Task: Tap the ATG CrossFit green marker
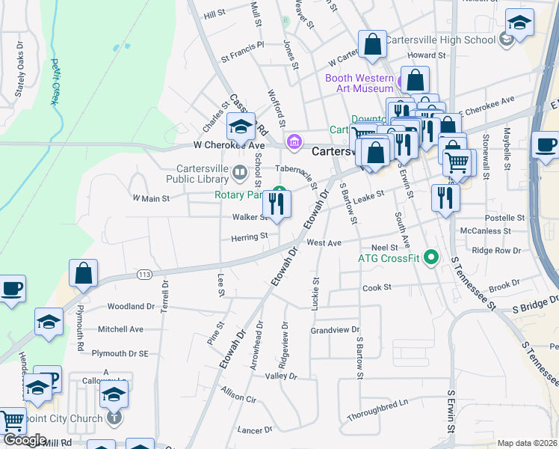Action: (430, 259)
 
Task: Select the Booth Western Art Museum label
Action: (359, 83)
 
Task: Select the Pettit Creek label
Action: (55, 82)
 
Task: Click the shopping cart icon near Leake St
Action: (457, 161)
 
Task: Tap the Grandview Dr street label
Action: (336, 330)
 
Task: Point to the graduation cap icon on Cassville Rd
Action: (241, 128)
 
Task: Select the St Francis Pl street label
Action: (242, 46)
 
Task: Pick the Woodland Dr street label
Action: (131, 307)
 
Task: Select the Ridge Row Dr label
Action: (495, 251)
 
